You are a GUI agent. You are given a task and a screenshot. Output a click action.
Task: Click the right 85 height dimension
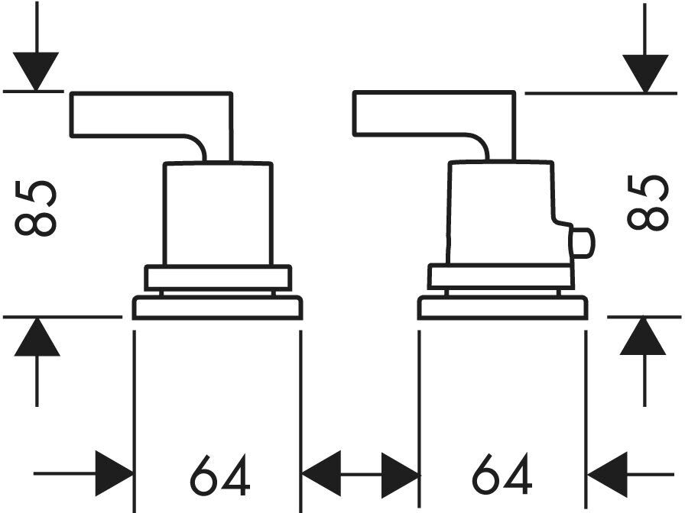(648, 202)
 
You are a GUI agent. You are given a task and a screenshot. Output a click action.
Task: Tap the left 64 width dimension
(220, 475)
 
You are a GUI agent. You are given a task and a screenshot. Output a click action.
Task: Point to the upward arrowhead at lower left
(37, 337)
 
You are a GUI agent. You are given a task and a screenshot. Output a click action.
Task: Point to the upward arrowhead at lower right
(643, 337)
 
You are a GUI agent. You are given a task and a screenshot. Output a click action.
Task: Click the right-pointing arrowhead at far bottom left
(115, 474)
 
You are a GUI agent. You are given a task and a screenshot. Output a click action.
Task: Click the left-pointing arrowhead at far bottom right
(607, 474)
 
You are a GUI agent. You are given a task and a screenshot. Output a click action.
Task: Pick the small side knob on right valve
(582, 243)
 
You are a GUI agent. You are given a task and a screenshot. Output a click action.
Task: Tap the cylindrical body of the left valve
(218, 214)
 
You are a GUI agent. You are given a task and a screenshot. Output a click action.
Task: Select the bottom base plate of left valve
(218, 308)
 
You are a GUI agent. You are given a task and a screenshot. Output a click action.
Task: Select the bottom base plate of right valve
(502, 308)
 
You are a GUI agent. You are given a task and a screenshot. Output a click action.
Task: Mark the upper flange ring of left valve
(218, 277)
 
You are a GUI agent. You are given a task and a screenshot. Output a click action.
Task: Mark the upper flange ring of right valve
(501, 276)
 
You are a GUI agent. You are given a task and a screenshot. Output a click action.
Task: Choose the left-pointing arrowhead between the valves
(322, 474)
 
